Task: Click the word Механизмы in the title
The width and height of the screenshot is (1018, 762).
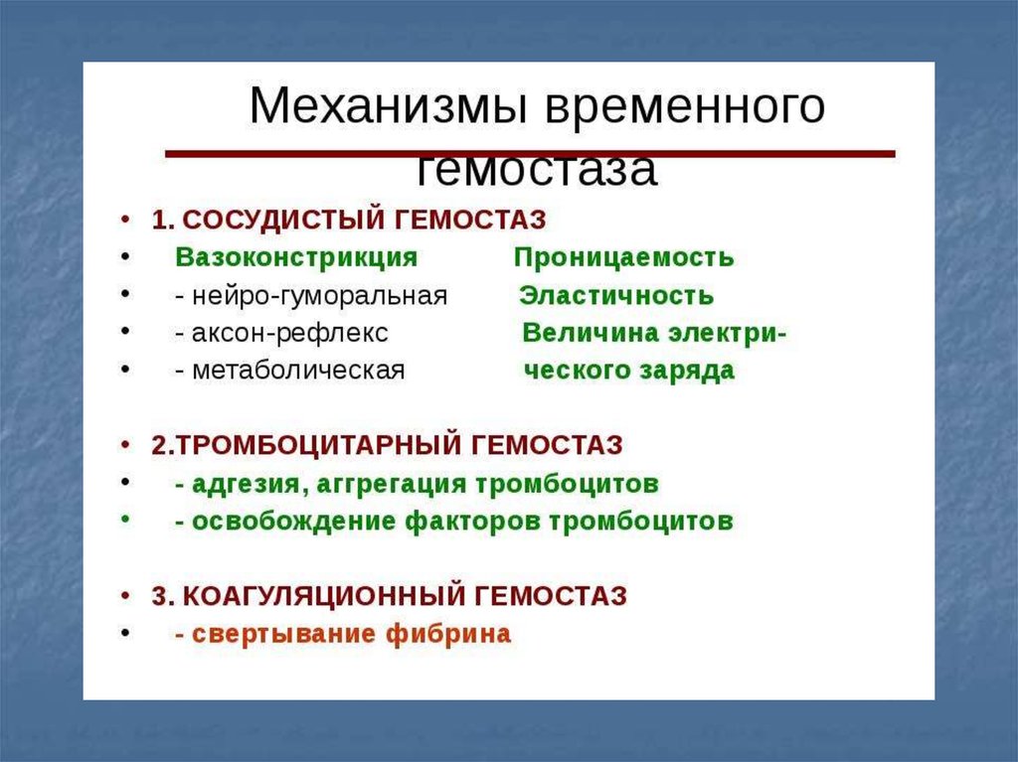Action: click(388, 105)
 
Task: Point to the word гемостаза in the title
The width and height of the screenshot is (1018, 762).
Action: click(536, 170)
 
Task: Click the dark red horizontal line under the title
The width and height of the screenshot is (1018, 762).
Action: click(531, 154)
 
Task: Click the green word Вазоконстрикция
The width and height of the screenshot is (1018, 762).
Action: click(296, 257)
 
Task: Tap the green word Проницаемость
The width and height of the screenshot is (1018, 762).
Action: click(624, 257)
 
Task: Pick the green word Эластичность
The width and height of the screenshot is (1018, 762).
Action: click(616, 296)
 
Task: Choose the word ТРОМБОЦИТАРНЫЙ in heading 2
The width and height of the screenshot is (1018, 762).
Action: click(319, 445)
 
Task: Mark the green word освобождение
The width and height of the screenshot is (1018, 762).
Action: click(293, 522)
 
